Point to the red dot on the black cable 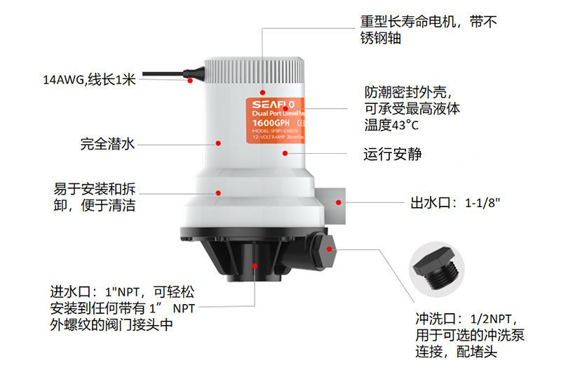tap(190, 81)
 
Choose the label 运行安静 tap(393, 152)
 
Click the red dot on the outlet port tap(338, 202)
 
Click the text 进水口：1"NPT tap(92, 291)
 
